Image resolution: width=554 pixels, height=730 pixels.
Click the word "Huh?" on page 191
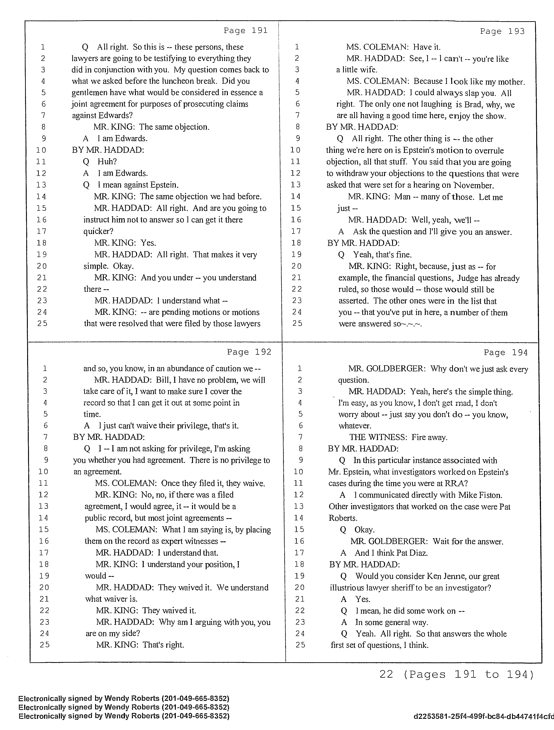tap(107, 162)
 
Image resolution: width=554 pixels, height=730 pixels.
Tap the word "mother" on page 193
tap(511, 82)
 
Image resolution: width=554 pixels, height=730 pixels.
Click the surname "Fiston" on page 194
tap(490, 495)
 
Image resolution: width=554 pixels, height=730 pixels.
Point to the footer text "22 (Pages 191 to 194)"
tap(456, 674)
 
